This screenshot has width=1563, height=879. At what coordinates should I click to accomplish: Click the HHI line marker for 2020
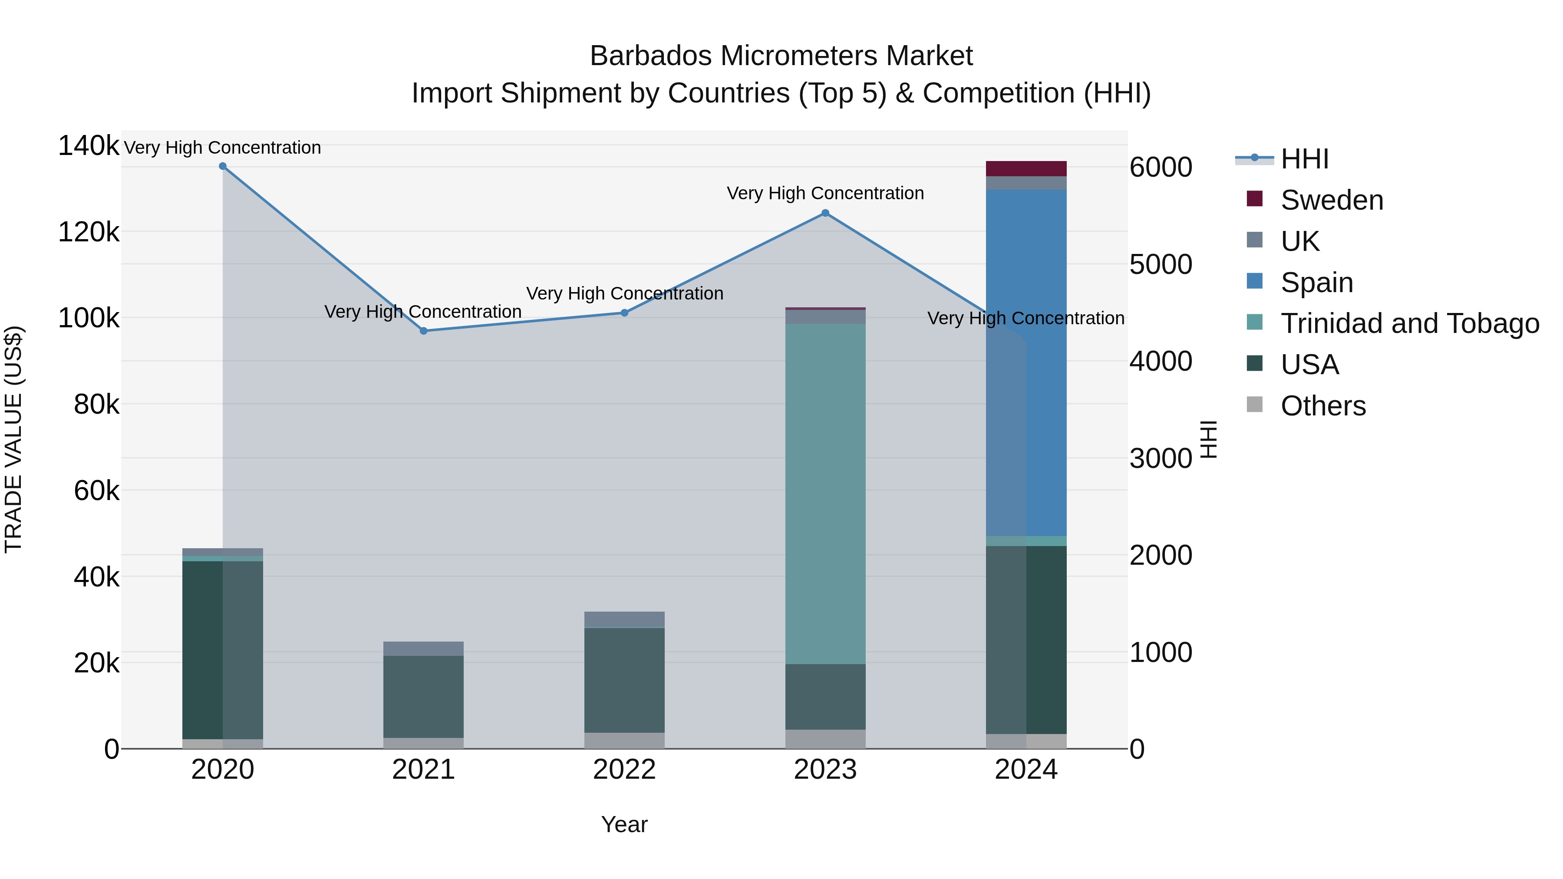coord(223,166)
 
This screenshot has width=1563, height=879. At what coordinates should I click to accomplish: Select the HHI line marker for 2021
coord(423,331)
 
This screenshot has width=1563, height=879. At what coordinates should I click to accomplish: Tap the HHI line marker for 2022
coord(624,313)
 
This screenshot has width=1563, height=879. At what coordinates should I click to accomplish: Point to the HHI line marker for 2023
coord(825,213)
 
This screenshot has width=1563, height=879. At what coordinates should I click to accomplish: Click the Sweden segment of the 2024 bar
coord(1026,169)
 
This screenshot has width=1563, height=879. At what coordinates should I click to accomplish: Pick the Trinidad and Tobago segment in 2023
coord(825,494)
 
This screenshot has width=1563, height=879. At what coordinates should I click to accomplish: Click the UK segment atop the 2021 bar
coord(423,649)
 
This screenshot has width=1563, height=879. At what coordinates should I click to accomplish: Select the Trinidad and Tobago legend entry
coord(1409,323)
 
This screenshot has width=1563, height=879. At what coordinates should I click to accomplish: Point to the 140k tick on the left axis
coord(89,146)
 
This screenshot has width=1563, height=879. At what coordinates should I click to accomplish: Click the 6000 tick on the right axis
coord(1161,168)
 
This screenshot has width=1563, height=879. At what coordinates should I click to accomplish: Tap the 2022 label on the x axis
coord(624,770)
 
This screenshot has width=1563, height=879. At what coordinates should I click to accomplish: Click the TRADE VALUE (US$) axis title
coord(14,439)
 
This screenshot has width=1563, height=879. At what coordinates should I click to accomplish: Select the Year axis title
coord(624,824)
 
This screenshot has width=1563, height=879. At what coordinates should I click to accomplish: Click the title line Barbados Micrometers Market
coord(781,56)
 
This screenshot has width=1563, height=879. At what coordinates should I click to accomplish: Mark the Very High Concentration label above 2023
coord(825,194)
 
